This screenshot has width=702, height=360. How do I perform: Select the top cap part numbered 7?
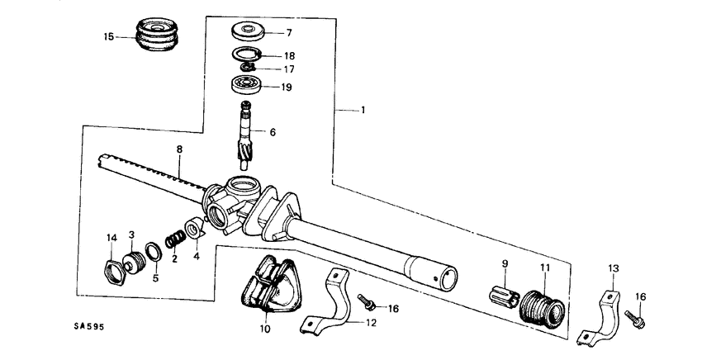click(x=248, y=33)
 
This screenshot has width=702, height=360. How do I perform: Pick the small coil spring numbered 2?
click(x=174, y=239)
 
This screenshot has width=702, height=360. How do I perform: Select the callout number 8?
click(x=178, y=149)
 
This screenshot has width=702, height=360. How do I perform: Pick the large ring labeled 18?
click(x=246, y=55)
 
